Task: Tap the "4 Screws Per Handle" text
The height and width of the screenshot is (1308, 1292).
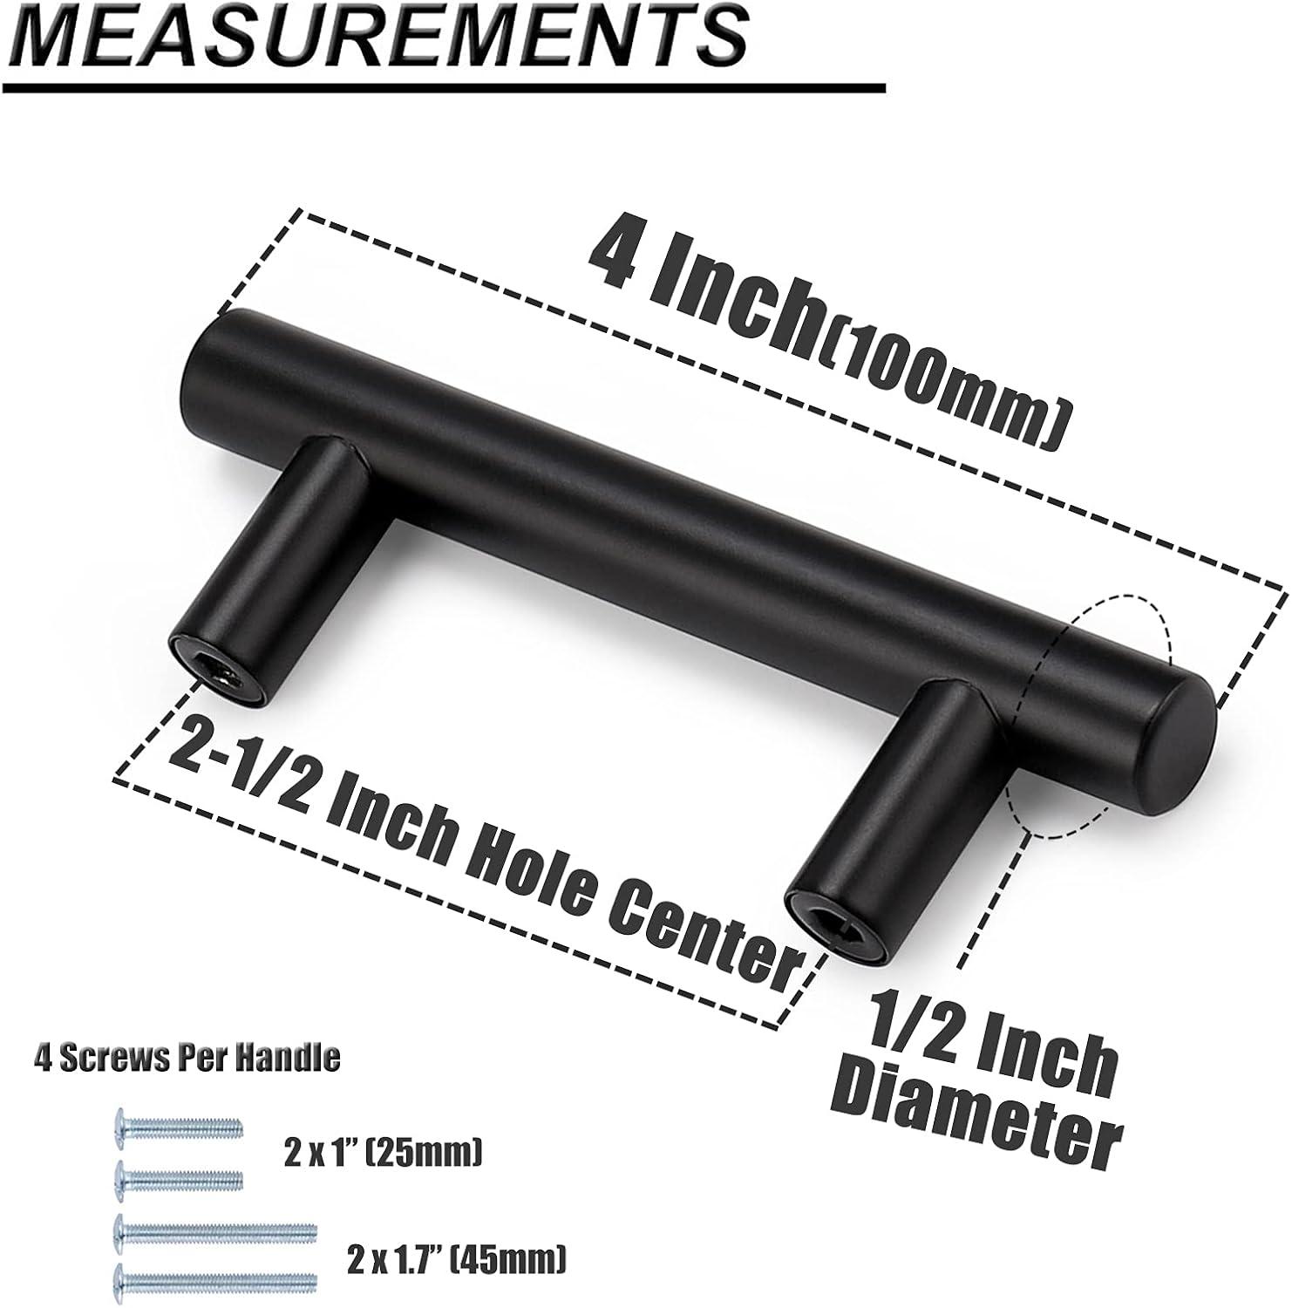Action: tap(187, 1058)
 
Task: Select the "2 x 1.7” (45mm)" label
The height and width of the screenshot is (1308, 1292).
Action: tap(454, 1257)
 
